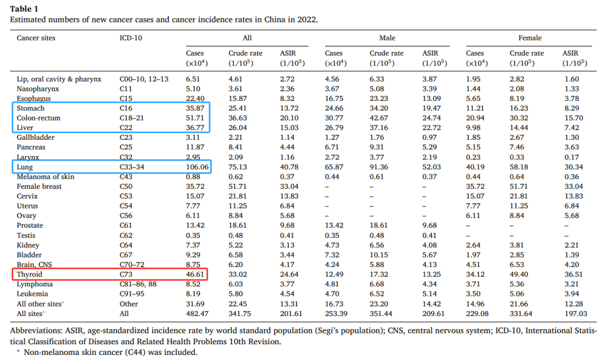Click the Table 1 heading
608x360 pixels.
click(25, 8)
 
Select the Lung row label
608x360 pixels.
click(25, 167)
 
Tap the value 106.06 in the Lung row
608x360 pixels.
click(197, 167)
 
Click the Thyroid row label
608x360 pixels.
click(30, 274)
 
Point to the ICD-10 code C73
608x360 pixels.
click(127, 274)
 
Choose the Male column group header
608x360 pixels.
click(387, 38)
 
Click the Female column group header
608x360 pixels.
click(530, 38)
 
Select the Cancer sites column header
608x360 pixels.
click(36, 38)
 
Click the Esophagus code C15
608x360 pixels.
click(127, 99)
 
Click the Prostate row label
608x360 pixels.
click(30, 225)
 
